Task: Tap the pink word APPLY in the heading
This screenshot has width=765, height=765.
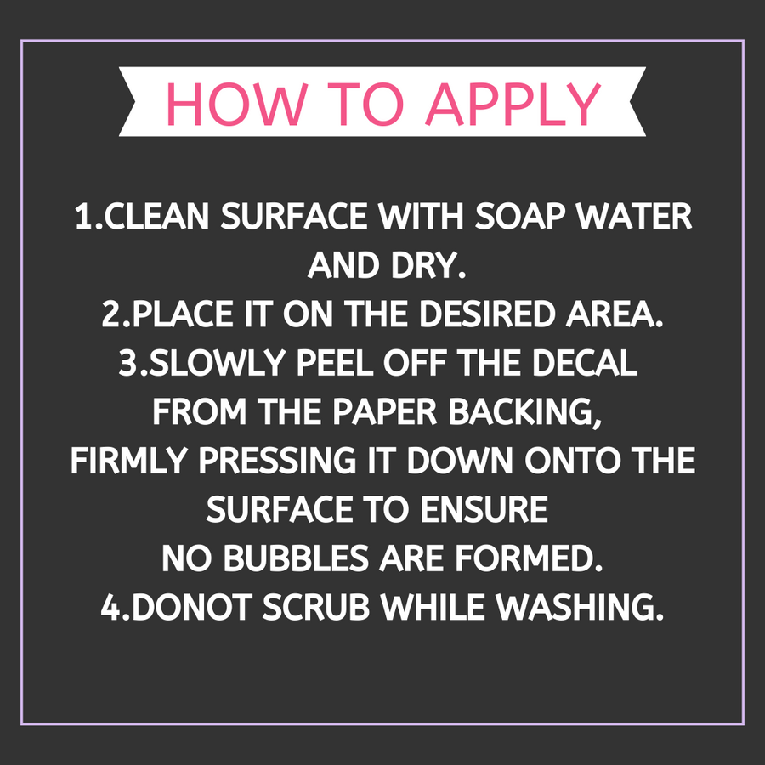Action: (513, 104)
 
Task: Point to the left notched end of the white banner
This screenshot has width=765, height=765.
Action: (127, 101)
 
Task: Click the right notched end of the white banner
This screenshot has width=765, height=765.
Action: (637, 101)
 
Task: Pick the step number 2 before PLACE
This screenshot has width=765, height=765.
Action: (110, 314)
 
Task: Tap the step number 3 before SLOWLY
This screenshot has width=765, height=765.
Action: (128, 363)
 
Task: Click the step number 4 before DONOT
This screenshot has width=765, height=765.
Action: (110, 608)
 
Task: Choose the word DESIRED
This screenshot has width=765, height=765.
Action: (487, 314)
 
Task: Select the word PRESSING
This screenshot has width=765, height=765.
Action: (277, 461)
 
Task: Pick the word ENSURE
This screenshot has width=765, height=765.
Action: (484, 510)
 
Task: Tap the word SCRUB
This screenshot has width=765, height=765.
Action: (315, 608)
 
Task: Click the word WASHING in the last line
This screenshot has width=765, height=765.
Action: (575, 608)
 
